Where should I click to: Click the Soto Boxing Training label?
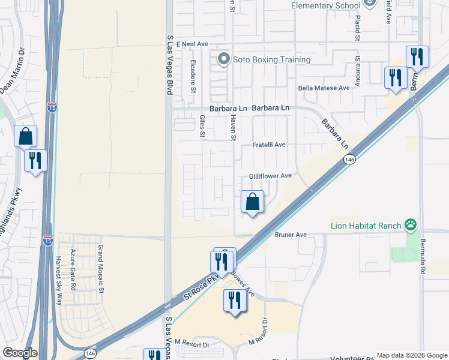(x=272, y=59)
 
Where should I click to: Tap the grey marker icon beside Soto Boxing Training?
(x=224, y=59)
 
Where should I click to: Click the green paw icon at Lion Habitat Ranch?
(x=411, y=226)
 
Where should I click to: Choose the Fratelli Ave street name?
(x=268, y=145)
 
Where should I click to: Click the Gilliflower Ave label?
(x=270, y=176)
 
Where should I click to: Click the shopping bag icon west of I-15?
(x=26, y=137)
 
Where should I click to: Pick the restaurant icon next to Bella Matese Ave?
(x=395, y=78)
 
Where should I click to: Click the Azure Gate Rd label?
(x=73, y=271)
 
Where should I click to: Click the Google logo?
(x=20, y=353)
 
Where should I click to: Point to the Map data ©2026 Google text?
(x=411, y=355)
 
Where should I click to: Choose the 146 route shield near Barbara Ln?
(x=349, y=159)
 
